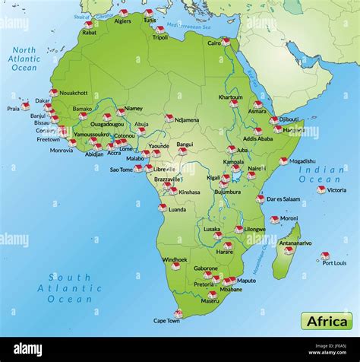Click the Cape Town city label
tap(166, 321)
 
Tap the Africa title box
tap(326, 320)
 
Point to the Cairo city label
tap(214, 43)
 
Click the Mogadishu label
tap(302, 161)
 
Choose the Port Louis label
tap(334, 263)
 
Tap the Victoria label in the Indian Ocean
tap(336, 190)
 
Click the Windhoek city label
tap(174, 259)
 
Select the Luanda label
tap(177, 209)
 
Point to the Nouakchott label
tap(74, 93)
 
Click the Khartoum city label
tap(231, 97)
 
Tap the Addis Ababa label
tap(257, 138)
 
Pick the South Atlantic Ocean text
tap(69, 288)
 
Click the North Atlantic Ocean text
tap(24, 59)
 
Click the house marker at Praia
tap(25, 106)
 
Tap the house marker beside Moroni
tap(274, 220)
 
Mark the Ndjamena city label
tap(187, 119)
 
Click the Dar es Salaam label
tap(283, 199)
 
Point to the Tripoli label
tap(161, 37)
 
